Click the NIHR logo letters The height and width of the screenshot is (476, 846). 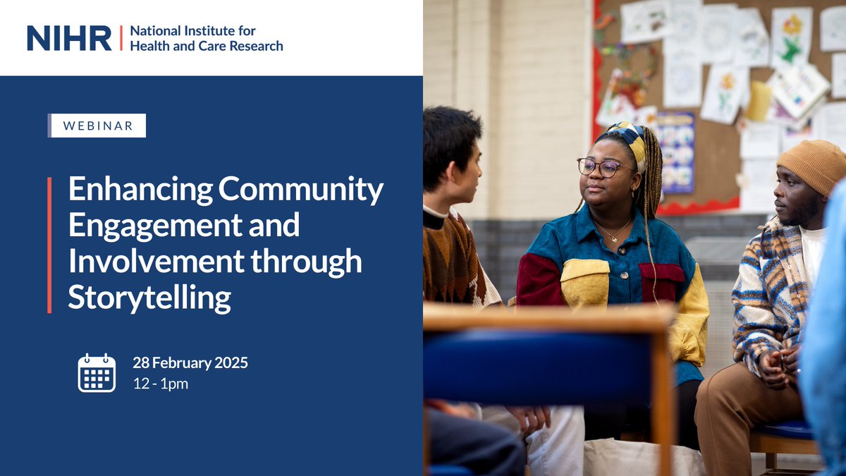(69, 38)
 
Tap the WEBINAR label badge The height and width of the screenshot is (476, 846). (98, 126)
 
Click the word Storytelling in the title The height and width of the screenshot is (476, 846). (149, 298)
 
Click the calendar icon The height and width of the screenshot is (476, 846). (97, 373)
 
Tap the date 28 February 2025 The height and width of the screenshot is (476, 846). (190, 364)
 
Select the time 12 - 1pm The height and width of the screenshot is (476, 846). (161, 384)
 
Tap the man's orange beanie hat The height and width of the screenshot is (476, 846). (813, 164)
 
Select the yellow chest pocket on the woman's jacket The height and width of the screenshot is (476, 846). (584, 283)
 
